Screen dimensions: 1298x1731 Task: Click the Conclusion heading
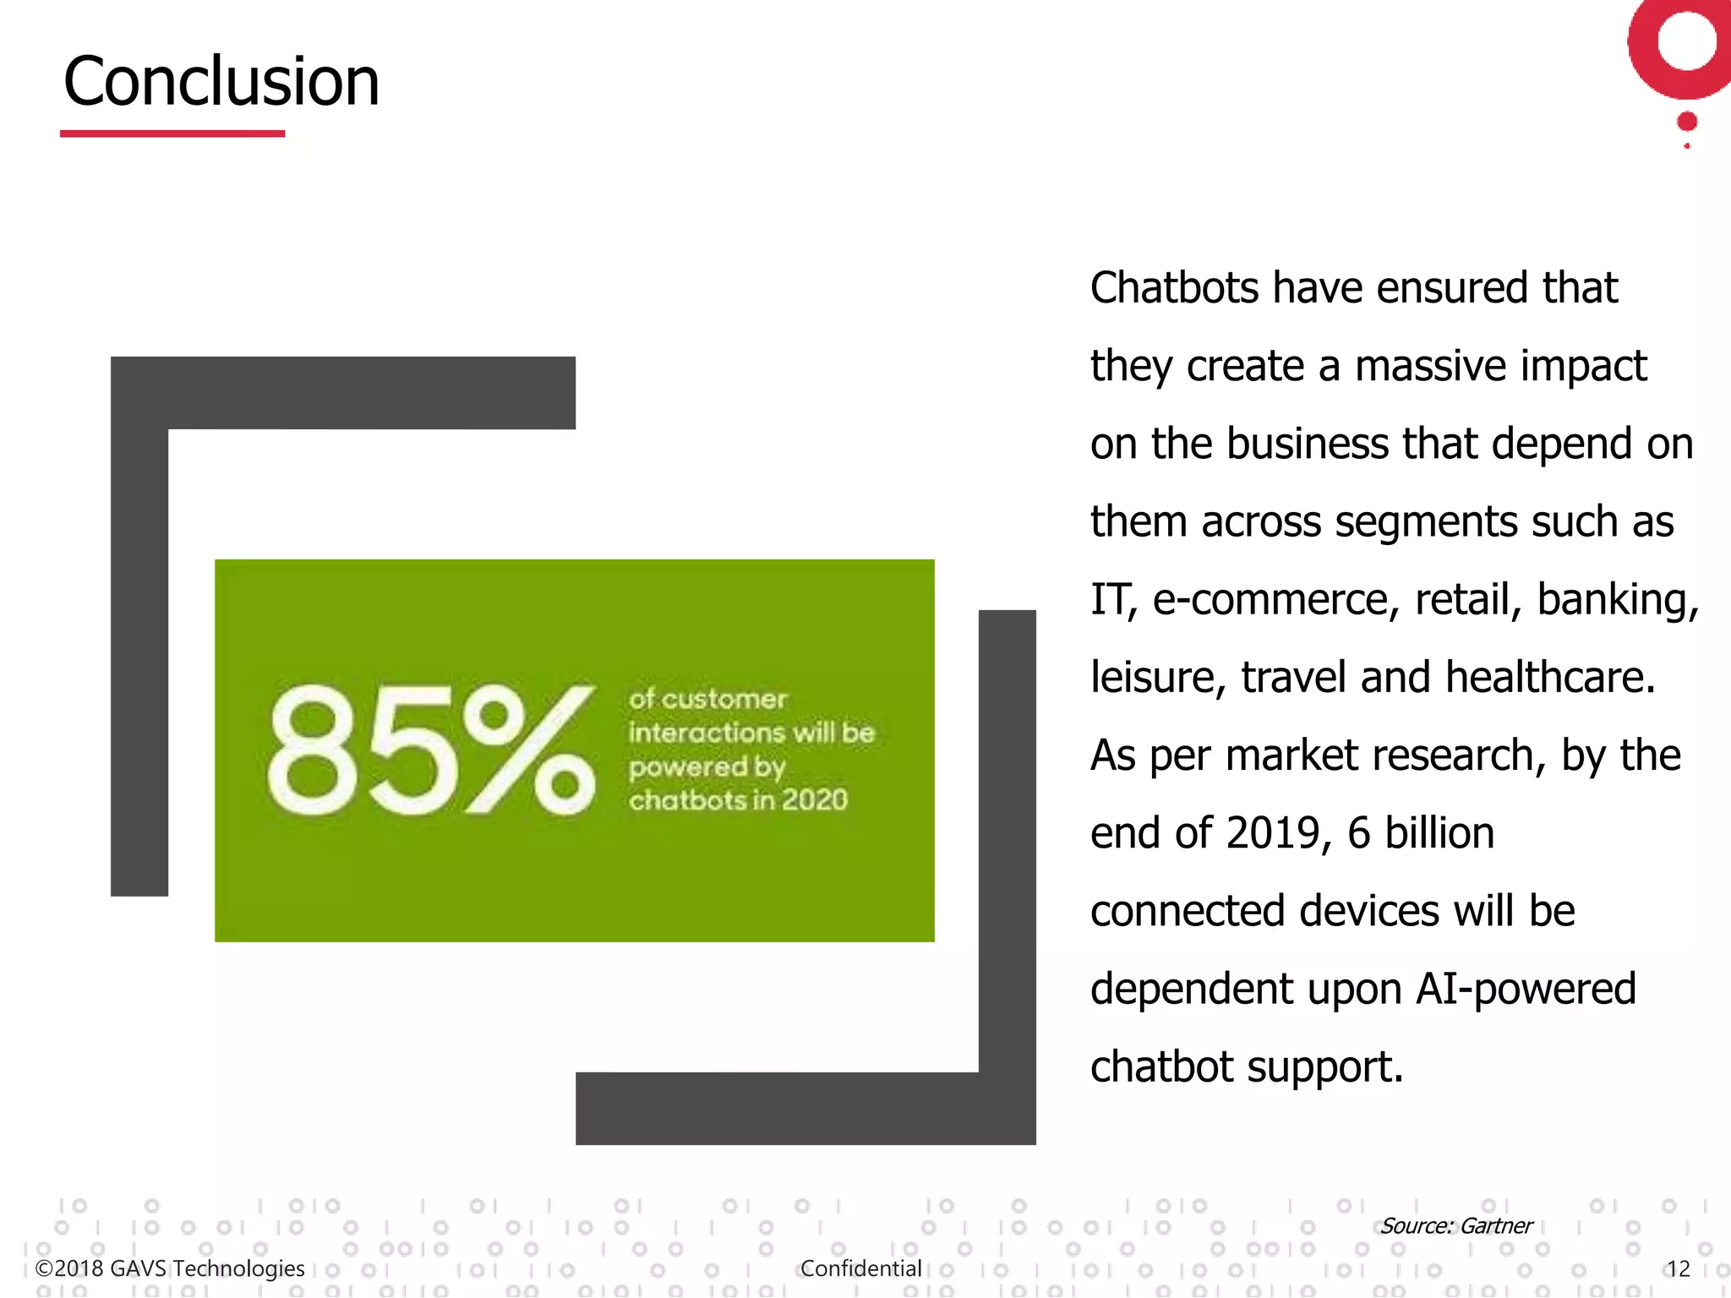[221, 81]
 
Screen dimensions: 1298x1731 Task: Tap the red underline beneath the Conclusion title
[172, 134]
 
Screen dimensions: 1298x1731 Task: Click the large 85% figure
[431, 750]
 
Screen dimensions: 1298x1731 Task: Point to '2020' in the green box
[814, 799]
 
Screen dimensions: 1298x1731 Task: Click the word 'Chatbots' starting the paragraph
[1174, 288]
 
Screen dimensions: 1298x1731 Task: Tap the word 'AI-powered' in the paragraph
[1526, 989]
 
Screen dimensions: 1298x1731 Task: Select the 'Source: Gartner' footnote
[1456, 1225]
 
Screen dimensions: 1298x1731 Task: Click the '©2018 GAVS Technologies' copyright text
[170, 1268]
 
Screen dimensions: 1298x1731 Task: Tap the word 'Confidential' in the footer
[860, 1268]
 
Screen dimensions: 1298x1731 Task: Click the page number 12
[1678, 1268]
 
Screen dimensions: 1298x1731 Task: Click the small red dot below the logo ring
[1687, 122]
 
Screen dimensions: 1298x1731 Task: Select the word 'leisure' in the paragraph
[1158, 677]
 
